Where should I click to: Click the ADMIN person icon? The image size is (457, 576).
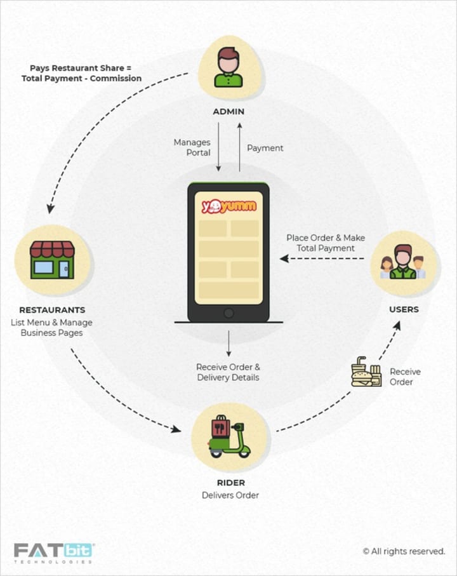(228, 67)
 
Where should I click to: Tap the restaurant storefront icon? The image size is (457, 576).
(52, 260)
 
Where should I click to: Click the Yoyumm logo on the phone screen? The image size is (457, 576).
(228, 206)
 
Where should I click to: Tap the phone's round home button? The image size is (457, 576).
(228, 312)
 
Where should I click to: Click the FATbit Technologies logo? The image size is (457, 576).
(54, 551)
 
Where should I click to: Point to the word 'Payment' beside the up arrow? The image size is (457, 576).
(265, 148)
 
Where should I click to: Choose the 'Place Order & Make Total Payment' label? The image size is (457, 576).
(325, 243)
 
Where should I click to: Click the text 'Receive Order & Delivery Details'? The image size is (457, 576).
(228, 372)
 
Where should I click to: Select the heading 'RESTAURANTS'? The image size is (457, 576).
(52, 310)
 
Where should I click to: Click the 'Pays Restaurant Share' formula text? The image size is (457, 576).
(85, 73)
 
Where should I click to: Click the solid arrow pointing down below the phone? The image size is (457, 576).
(228, 344)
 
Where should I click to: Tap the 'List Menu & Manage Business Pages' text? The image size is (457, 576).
(52, 327)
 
